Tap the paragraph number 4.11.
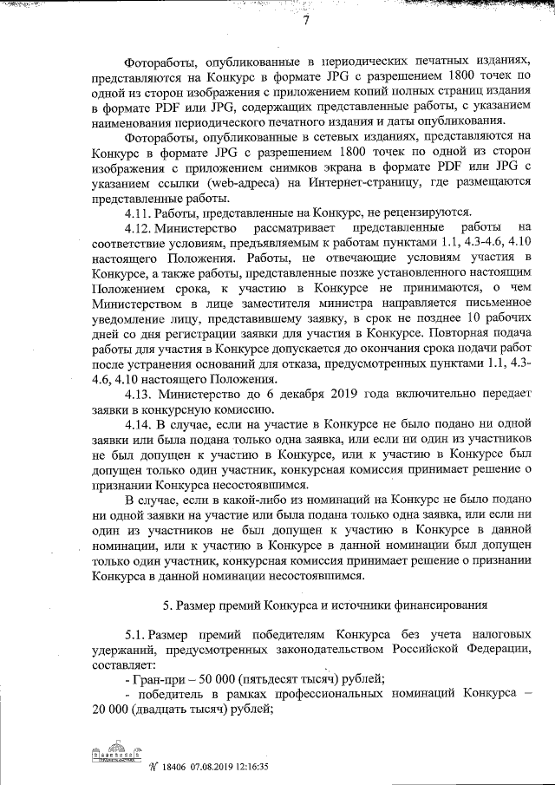point(140,211)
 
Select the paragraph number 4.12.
point(141,226)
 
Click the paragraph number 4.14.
point(141,424)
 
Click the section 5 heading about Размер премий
point(325,603)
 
